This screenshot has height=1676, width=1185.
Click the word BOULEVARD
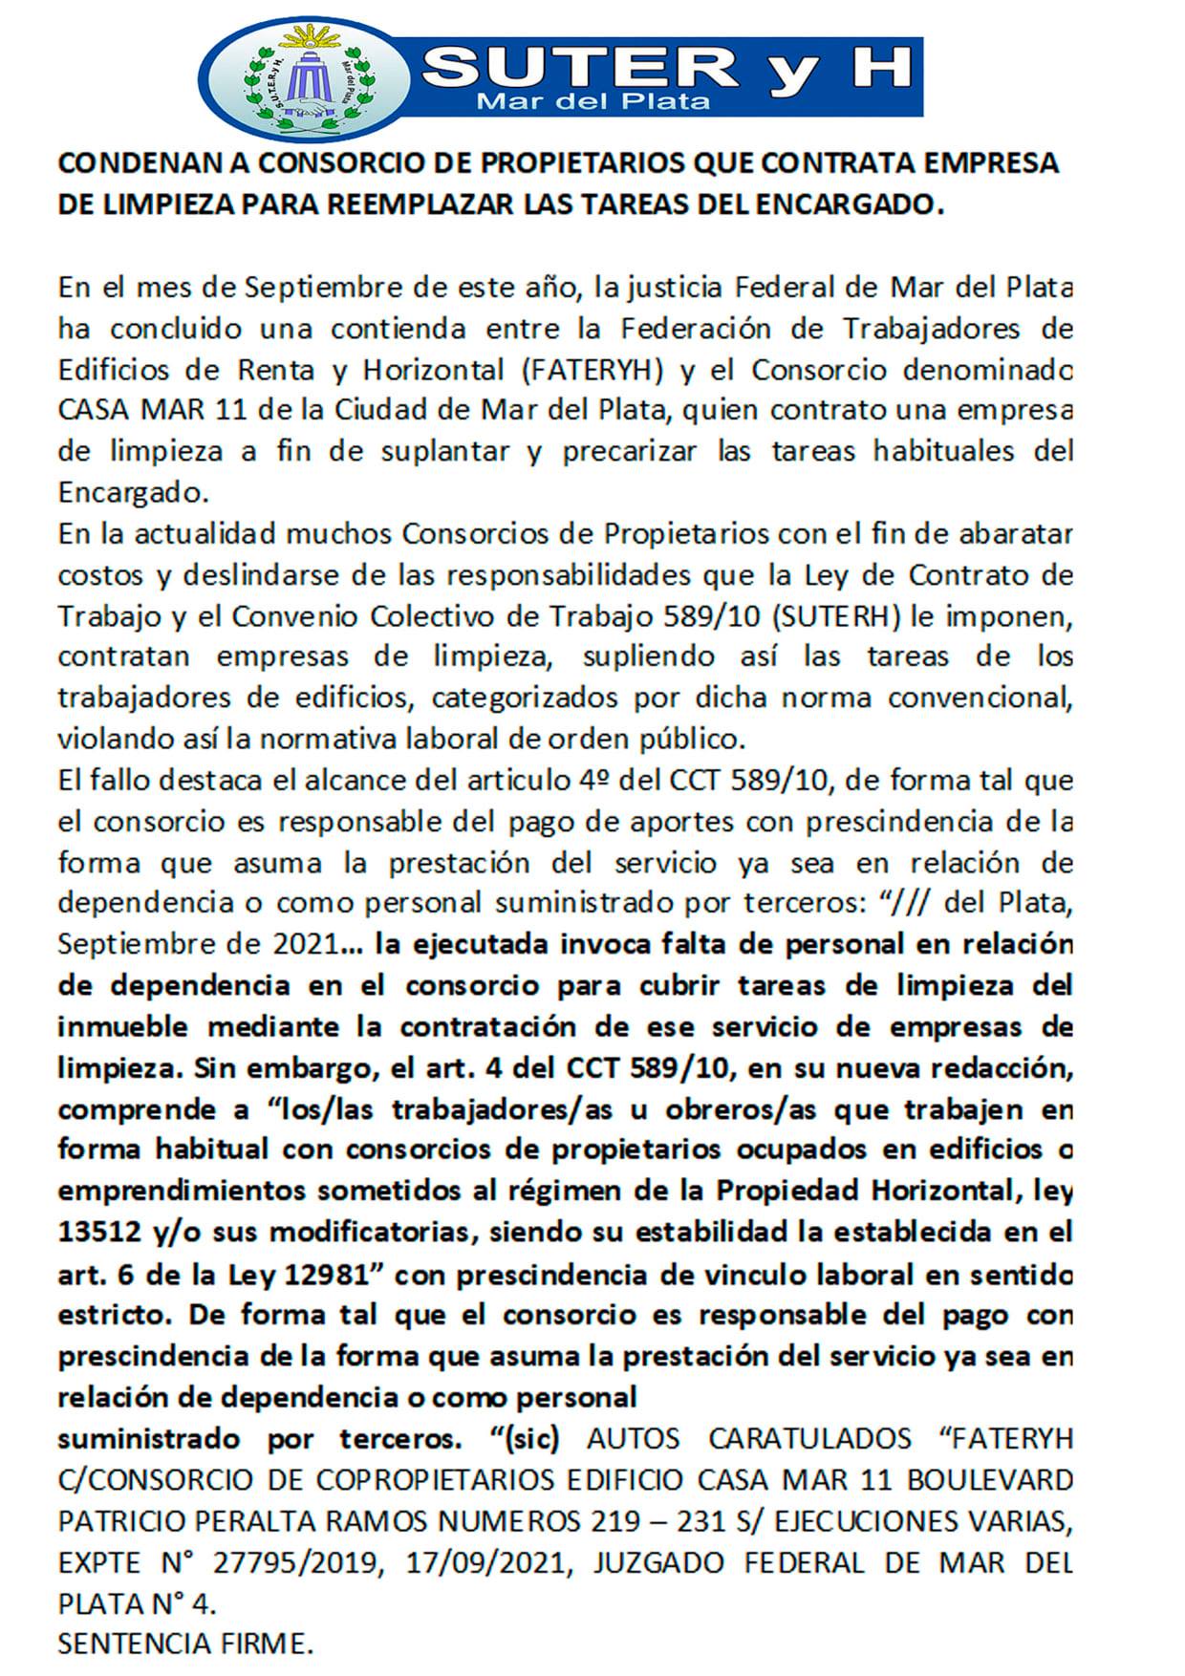[x=989, y=1479]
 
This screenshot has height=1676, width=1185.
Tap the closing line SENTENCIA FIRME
[x=185, y=1644]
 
